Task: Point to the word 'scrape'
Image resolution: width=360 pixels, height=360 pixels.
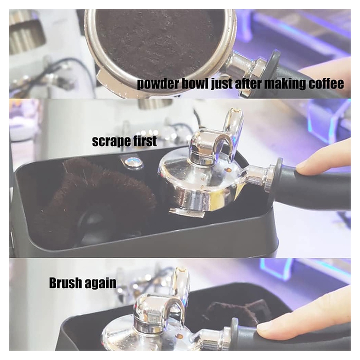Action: pyautogui.click(x=109, y=141)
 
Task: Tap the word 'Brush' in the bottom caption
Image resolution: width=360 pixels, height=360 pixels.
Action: pyautogui.click(x=65, y=283)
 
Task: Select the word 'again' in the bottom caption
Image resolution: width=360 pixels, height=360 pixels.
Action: pyautogui.click(x=100, y=284)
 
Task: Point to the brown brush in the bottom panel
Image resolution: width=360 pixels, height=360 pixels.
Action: pyautogui.click(x=236, y=312)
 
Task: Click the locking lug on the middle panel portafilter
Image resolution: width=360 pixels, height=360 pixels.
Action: pyautogui.click(x=186, y=213)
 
